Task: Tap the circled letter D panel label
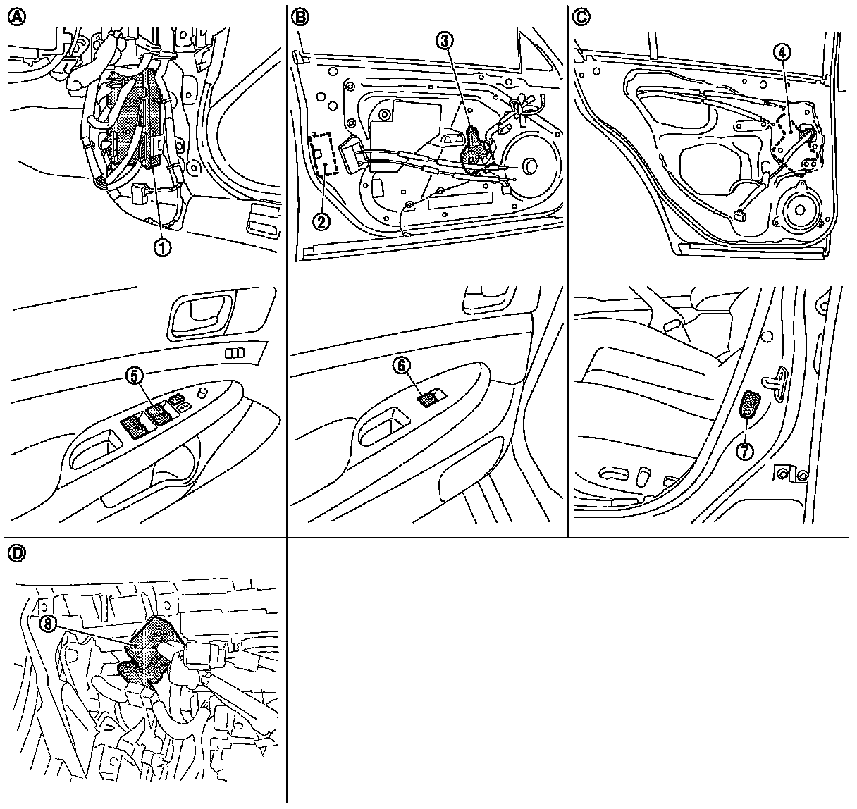tap(16, 554)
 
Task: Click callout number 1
tap(163, 247)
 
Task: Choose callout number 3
tap(444, 42)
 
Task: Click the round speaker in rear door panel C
tap(798, 209)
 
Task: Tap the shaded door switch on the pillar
tap(749, 407)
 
